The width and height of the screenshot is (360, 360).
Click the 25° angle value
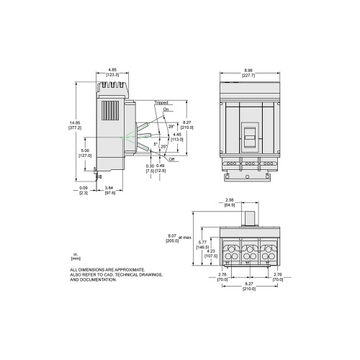tap(164, 148)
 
